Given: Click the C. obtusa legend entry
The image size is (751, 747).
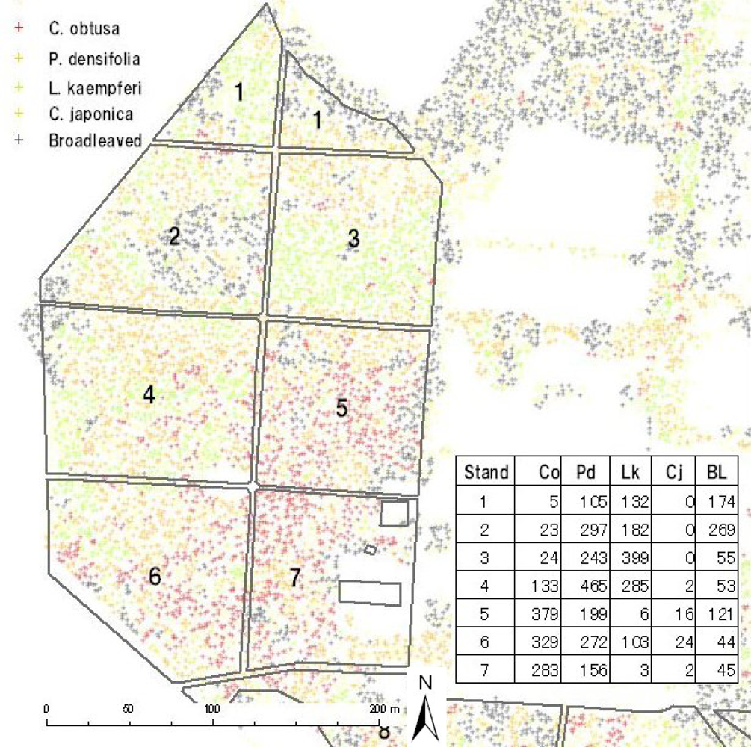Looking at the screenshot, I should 81,29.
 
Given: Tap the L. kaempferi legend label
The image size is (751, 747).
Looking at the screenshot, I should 93,87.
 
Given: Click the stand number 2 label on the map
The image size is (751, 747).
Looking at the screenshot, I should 174,238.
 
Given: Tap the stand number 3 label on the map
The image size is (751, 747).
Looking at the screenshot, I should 353,239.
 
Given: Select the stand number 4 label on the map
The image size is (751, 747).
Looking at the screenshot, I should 149,395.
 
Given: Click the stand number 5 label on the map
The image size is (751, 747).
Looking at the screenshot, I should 341,408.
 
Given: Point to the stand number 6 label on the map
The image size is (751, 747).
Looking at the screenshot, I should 155,577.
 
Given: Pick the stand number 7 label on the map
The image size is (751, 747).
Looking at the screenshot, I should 295,577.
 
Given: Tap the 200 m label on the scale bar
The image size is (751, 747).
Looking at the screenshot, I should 386,708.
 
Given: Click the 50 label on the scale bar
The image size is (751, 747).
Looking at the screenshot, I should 129,708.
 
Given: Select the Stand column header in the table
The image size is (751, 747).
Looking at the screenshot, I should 486,472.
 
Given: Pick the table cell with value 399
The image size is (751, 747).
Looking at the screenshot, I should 637,557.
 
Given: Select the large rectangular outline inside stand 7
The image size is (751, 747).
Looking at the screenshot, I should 370,592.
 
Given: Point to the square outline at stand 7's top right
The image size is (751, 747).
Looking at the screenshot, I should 394,514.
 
